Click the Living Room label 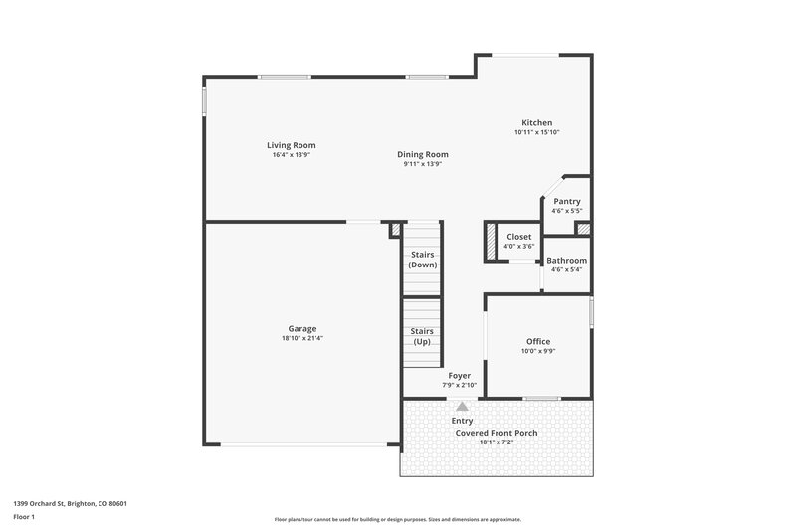tap(291, 145)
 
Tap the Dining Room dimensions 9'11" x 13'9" tap(423, 164)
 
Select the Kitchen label tap(537, 123)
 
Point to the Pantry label tap(567, 201)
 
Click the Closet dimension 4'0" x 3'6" tap(518, 246)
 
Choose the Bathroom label tap(567, 260)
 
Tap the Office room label tap(537, 341)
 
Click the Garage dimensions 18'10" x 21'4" tap(302, 338)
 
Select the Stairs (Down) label tap(423, 260)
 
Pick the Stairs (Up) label tap(423, 336)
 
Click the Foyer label tap(459, 375)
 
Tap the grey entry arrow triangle tap(461, 406)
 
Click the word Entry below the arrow tap(462, 421)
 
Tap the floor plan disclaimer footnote tap(397, 519)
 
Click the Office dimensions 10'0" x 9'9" tap(537, 350)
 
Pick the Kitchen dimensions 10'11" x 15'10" tap(537, 132)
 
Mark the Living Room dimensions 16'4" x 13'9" tap(291, 154)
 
